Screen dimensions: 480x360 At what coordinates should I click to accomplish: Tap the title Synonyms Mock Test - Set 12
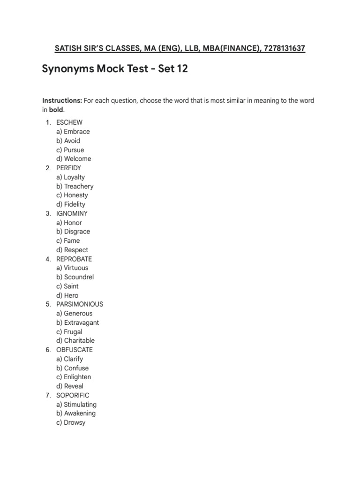[x=115, y=69]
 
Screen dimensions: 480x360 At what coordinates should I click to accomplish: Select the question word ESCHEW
[x=69, y=122]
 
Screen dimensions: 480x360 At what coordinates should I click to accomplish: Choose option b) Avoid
[x=68, y=141]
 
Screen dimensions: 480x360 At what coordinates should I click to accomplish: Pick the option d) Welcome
[x=74, y=158]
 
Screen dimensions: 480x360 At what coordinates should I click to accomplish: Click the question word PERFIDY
[x=69, y=168]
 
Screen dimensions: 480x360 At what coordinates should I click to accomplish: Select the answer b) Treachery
[x=75, y=186]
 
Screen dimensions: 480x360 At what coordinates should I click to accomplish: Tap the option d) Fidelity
[x=71, y=204]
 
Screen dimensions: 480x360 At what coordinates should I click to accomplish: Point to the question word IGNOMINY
[x=72, y=213]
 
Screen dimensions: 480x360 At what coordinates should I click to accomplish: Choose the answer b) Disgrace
[x=73, y=232]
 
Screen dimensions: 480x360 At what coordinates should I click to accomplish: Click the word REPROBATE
[x=74, y=259]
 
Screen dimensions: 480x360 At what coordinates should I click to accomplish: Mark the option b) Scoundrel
[x=75, y=277]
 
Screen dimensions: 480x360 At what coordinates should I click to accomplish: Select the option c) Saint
[x=67, y=286]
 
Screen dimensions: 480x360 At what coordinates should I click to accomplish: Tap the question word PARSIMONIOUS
[x=80, y=304]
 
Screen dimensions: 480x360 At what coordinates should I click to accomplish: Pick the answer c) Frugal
[x=69, y=331]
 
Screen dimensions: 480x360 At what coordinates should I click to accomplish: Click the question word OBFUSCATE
[x=75, y=350]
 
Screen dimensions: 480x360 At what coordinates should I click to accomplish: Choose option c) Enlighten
[x=74, y=377]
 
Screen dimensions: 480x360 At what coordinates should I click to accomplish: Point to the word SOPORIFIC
[x=73, y=395]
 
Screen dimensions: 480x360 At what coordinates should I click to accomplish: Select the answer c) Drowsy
[x=71, y=422]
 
